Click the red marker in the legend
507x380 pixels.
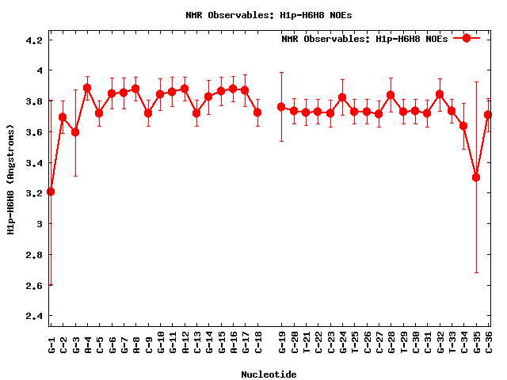pyautogui.click(x=467, y=38)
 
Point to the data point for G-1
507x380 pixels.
pyautogui.click(x=51, y=192)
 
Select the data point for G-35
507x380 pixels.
pyautogui.click(x=476, y=177)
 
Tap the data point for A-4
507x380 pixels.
pyautogui.click(x=87, y=88)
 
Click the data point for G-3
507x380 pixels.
pyautogui.click(x=75, y=132)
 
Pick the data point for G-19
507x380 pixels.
pyautogui.click(x=281, y=107)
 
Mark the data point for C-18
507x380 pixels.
pyautogui.click(x=257, y=112)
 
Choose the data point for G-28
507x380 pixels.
pyautogui.click(x=391, y=95)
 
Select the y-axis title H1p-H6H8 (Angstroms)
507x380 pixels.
pyautogui.click(x=10, y=179)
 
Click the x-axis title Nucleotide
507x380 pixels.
pyautogui.click(x=269, y=374)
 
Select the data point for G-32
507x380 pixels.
pyautogui.click(x=440, y=94)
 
